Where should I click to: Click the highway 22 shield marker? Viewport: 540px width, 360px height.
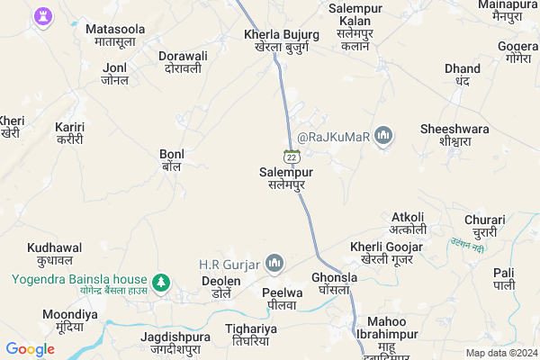point(292,156)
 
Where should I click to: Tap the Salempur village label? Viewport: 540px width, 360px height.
point(286,176)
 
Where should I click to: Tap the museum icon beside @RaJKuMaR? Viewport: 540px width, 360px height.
point(384,136)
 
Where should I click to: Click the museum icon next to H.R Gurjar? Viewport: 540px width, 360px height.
point(275,264)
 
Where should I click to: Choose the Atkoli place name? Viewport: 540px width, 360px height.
point(409,222)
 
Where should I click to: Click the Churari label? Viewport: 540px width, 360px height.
point(486,225)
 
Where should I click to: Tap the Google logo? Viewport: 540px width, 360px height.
point(31,349)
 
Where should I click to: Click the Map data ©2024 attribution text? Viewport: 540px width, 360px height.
point(500,353)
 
